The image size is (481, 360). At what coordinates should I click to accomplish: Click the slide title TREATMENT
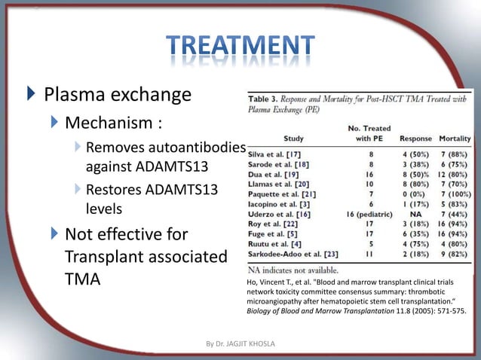240,49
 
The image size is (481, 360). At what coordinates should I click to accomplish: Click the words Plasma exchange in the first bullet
117,96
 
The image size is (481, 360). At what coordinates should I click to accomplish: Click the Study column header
294,139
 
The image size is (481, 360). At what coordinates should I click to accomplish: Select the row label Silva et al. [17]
278,153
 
